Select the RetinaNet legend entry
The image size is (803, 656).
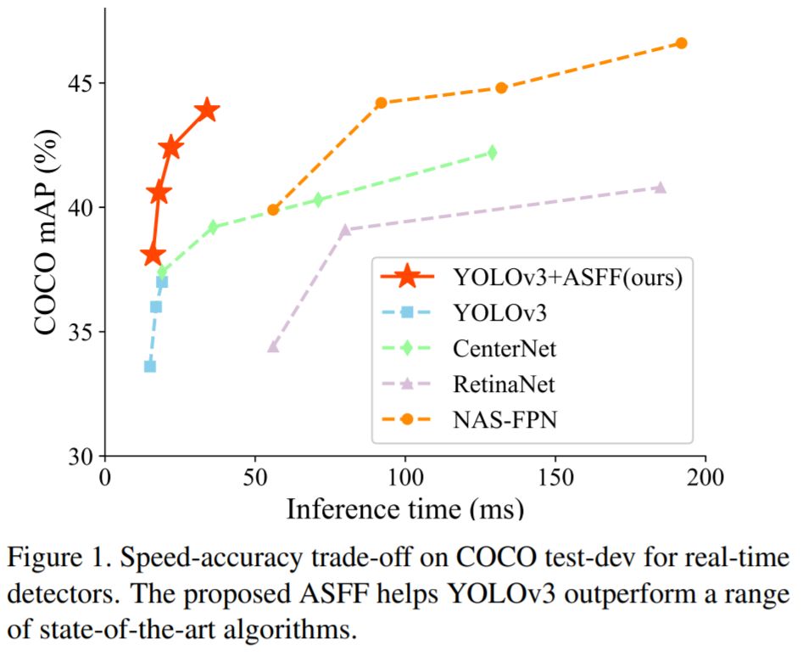pos(504,384)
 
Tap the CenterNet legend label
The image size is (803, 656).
pos(505,348)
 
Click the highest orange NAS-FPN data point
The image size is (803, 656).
pos(681,43)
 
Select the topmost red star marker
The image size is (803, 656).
pos(207,110)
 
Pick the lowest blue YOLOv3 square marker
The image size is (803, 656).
pos(150,366)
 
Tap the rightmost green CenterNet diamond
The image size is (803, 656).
pos(491,153)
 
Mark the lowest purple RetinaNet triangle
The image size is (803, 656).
pos(273,346)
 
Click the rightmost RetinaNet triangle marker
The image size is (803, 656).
pos(660,188)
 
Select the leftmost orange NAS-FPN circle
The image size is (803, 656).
pos(273,210)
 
